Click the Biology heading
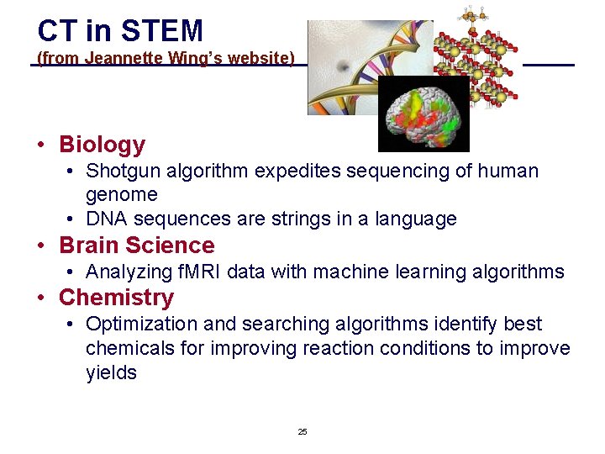[x=102, y=145]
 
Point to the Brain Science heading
[x=136, y=245]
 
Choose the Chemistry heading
[x=116, y=298]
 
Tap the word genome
[x=121, y=195]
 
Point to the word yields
[x=111, y=373]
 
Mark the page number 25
[x=302, y=432]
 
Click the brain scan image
[x=423, y=114]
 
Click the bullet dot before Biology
[x=40, y=145]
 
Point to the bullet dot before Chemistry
[x=40, y=298]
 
